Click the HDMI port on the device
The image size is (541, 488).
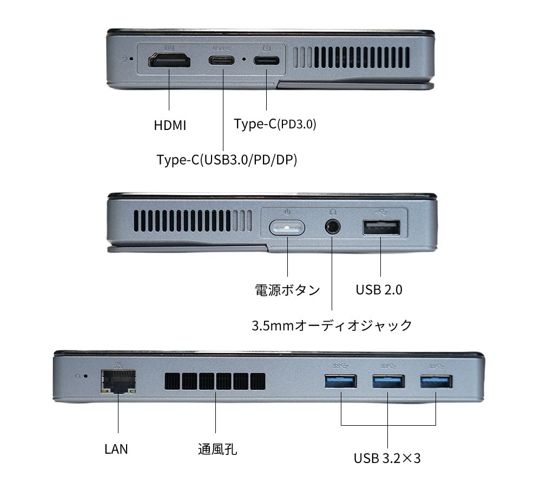click(x=170, y=61)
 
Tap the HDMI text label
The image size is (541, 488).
click(x=170, y=126)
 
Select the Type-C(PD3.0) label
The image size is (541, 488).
click(x=275, y=124)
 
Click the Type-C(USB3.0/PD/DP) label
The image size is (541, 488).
click(x=227, y=160)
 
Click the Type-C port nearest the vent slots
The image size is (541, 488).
click(x=267, y=61)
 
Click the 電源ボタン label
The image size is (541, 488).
click(x=287, y=290)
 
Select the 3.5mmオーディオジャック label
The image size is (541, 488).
click(x=332, y=326)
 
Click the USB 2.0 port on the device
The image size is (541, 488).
click(x=381, y=228)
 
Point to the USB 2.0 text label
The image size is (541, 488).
click(x=379, y=290)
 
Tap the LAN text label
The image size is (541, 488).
click(x=116, y=449)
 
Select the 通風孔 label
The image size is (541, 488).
click(x=217, y=449)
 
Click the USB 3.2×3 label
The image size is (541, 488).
click(x=387, y=459)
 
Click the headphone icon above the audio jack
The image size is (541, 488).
click(x=332, y=213)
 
